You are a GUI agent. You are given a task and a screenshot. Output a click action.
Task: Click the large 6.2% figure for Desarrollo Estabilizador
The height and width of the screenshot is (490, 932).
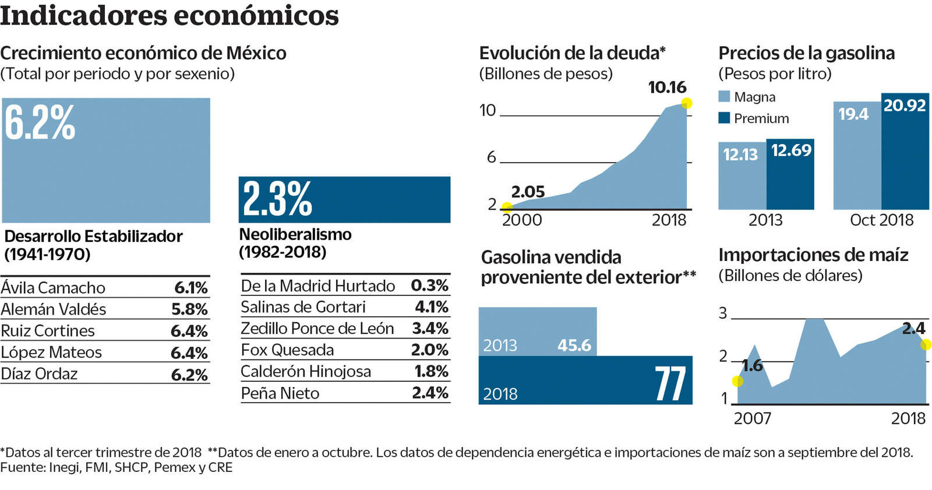point(40,123)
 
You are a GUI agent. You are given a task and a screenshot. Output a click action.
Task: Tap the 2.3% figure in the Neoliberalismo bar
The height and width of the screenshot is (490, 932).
point(277,199)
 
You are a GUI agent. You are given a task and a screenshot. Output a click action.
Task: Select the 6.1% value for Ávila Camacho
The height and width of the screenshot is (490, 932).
point(191,288)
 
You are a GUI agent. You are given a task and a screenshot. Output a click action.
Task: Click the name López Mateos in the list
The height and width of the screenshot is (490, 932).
point(51,352)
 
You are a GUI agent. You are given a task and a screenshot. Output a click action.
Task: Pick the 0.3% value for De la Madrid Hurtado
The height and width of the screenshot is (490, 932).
point(429,285)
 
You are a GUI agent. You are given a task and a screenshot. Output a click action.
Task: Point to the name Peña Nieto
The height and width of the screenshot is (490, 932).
point(280,393)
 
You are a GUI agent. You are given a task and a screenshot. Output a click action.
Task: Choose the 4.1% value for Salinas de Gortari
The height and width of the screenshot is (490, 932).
point(431,307)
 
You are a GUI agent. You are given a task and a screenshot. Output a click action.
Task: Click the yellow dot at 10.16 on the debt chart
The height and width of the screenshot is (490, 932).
point(687,104)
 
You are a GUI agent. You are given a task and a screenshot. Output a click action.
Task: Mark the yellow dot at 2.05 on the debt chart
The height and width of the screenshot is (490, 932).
point(507,207)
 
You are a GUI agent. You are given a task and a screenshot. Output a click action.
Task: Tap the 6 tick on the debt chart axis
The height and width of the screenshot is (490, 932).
point(492,157)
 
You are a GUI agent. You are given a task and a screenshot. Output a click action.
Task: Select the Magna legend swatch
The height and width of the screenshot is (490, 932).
point(724,97)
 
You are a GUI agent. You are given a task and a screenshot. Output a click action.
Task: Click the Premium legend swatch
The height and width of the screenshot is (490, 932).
point(724,118)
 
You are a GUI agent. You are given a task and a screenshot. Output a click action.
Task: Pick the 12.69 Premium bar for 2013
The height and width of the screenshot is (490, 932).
point(790,175)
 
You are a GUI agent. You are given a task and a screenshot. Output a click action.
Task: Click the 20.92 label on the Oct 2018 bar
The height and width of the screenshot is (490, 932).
point(904,105)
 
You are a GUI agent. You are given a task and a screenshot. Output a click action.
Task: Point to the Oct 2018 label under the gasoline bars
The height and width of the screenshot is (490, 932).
point(881,220)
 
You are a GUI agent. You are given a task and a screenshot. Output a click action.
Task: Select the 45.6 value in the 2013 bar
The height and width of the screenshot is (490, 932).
point(574,346)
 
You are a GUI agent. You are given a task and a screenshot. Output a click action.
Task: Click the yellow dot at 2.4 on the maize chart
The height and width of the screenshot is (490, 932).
point(926,345)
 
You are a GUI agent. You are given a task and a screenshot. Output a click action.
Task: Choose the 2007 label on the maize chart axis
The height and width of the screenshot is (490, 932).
point(752,418)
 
